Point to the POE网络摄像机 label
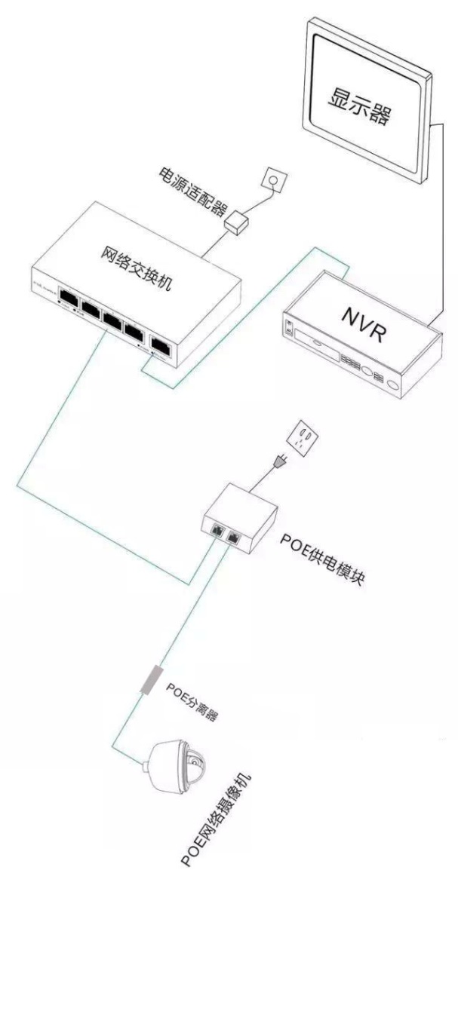pyautogui.click(x=219, y=820)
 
